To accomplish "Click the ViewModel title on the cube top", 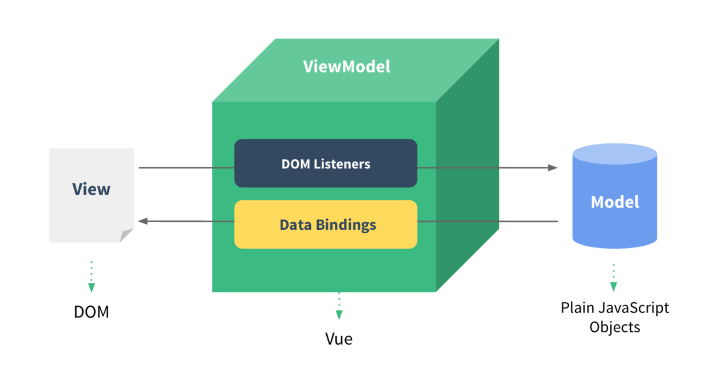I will click(x=346, y=67).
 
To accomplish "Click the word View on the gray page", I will click(x=91, y=189).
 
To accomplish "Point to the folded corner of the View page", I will click(x=126, y=236).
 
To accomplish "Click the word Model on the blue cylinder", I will click(x=614, y=202).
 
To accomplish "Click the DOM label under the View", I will click(x=91, y=312).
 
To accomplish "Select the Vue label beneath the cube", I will click(x=339, y=339).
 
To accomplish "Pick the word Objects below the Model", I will click(x=614, y=328).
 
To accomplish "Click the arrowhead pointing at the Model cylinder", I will click(x=553, y=168).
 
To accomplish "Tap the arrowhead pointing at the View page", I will click(x=143, y=221).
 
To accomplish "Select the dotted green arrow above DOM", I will click(x=92, y=278).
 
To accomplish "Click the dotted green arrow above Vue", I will click(x=339, y=307).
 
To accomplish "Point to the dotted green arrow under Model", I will click(x=614, y=278).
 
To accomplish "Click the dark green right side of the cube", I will click(x=467, y=171).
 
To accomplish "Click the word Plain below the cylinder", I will click(x=578, y=308).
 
